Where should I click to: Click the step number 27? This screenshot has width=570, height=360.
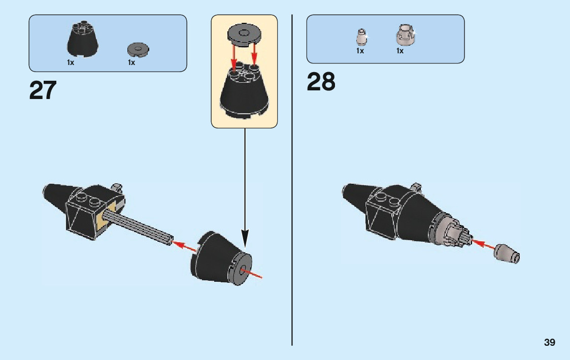43,90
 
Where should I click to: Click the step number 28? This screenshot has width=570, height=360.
321,82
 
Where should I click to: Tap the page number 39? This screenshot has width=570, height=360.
549,343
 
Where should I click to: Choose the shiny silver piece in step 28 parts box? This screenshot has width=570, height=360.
404,35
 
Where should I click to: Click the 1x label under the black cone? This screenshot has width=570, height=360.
71,62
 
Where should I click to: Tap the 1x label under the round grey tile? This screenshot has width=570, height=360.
131,62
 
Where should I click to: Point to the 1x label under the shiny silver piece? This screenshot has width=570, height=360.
400,51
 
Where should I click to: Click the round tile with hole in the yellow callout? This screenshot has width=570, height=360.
244,35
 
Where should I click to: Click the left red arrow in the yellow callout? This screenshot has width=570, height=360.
234,57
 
